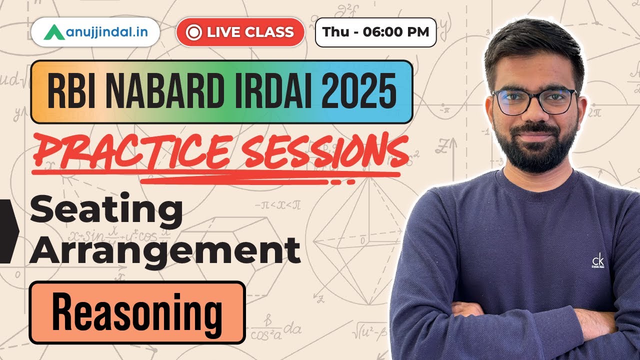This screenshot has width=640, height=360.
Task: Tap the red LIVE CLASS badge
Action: click(x=240, y=32)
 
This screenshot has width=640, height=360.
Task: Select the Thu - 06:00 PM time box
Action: click(x=375, y=32)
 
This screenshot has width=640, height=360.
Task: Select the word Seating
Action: click(x=106, y=211)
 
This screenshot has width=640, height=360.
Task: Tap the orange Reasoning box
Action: click(x=137, y=312)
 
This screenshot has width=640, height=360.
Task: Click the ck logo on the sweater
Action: click(x=597, y=261)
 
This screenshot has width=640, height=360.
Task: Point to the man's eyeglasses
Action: click(x=534, y=100)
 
